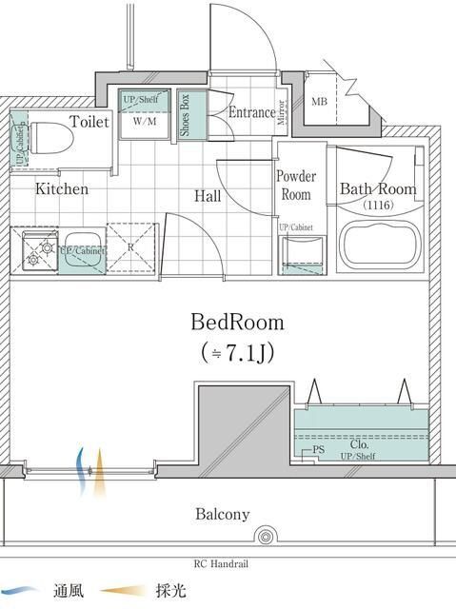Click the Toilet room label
tap(89, 122)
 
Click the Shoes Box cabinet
tap(186, 114)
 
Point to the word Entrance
tap(251, 112)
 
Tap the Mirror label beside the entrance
tap(282, 112)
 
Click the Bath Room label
tap(378, 188)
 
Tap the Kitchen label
tap(62, 189)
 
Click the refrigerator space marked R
tap(130, 247)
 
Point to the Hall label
tap(208, 196)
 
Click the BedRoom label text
tap(237, 322)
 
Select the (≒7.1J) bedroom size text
tap(237, 353)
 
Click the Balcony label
tap(223, 514)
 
